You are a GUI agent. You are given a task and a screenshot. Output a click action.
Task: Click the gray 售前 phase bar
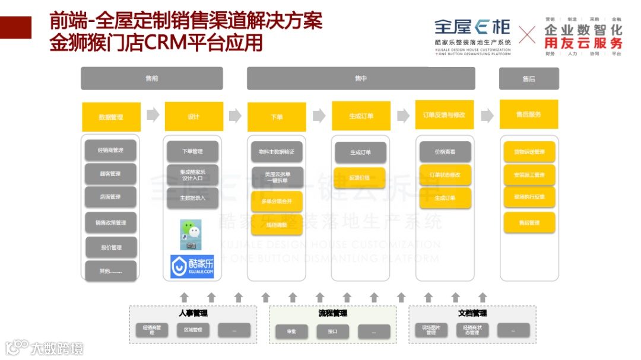tap(152, 78)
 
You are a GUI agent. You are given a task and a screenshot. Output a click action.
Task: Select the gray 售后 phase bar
tap(529, 79)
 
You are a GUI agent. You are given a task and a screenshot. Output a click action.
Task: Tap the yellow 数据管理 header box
tap(111, 117)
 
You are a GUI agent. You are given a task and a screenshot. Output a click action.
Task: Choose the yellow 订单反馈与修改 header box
tap(444, 115)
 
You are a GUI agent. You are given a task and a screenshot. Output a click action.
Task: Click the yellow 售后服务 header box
tap(529, 114)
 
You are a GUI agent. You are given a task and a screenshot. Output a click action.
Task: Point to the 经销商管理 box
tap(111, 150)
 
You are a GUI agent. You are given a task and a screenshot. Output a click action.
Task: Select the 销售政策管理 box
tap(111, 222)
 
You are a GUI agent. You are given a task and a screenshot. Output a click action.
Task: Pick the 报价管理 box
tap(111, 247)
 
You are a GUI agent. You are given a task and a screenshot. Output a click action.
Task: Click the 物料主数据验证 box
tap(277, 152)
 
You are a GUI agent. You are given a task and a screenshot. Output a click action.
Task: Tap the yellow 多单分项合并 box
tap(277, 202)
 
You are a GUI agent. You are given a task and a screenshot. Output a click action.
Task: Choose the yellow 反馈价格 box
tap(360, 177)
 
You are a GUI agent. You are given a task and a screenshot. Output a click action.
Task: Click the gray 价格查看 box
tap(445, 152)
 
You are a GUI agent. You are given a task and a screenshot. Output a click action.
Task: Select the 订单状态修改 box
tap(445, 175)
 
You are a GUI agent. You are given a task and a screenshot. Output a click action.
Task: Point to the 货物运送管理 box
tap(529, 152)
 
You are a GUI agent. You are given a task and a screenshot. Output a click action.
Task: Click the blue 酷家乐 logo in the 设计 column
tap(192, 266)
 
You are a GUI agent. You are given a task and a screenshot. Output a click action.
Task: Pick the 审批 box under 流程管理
tap(291, 332)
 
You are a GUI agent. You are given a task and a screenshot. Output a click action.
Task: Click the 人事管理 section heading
tap(193, 313)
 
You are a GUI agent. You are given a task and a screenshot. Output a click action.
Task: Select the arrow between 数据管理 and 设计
tap(153, 115)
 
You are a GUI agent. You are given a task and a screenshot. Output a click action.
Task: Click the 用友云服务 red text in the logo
tap(583, 43)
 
